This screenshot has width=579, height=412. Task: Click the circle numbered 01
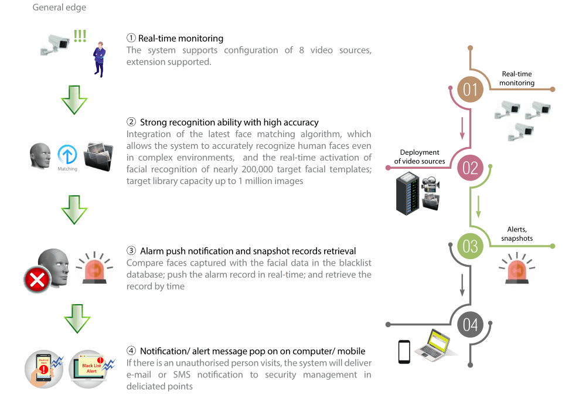click(471, 90)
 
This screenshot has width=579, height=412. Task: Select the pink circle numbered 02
click(471, 168)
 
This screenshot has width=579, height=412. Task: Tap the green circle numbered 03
click(471, 246)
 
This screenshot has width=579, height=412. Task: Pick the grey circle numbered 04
click(471, 324)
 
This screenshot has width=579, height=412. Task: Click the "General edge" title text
click(59, 8)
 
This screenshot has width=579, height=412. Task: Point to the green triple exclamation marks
click(80, 36)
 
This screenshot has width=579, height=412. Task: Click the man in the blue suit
click(100, 59)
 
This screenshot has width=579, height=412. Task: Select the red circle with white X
click(37, 280)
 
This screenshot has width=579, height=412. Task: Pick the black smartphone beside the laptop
click(404, 352)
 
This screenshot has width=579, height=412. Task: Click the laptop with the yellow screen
click(436, 344)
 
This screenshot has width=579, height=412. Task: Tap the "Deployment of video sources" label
click(420, 157)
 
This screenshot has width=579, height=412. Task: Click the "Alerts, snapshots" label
click(516, 234)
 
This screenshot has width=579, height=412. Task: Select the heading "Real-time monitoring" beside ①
click(180, 39)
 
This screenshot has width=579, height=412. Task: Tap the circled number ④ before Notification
click(131, 351)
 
